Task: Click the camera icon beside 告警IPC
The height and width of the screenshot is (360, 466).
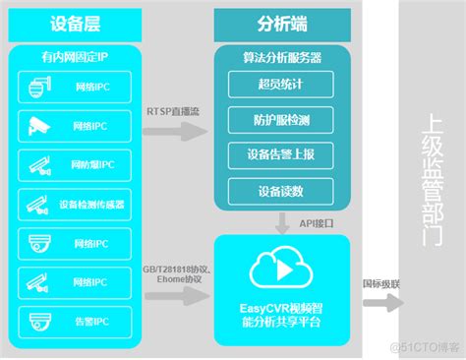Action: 40,321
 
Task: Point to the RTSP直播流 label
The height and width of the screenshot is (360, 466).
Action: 174,111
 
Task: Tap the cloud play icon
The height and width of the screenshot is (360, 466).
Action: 274,268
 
